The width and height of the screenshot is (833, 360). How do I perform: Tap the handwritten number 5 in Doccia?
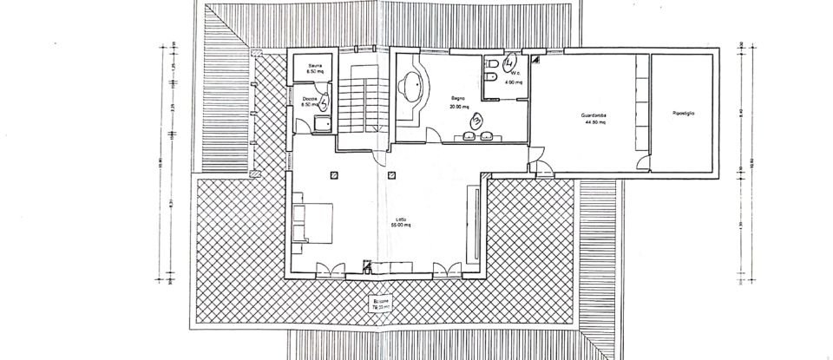pos(323,101)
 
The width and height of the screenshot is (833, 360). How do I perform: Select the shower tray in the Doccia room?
pos(321,123)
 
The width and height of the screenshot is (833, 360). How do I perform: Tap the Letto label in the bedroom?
pos(400,219)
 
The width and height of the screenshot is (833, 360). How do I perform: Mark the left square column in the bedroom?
pos(334,175)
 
